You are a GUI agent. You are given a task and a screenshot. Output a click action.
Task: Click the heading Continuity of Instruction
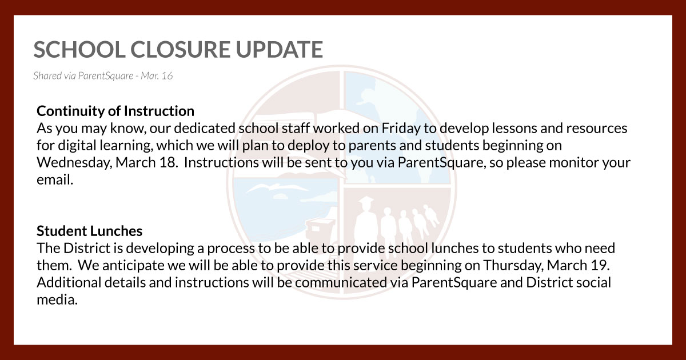(x=115, y=110)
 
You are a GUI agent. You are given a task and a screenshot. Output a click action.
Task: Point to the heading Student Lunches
(x=90, y=231)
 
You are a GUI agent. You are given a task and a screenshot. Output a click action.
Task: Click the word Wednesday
(x=74, y=162)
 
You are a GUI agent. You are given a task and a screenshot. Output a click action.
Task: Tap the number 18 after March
(x=169, y=162)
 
